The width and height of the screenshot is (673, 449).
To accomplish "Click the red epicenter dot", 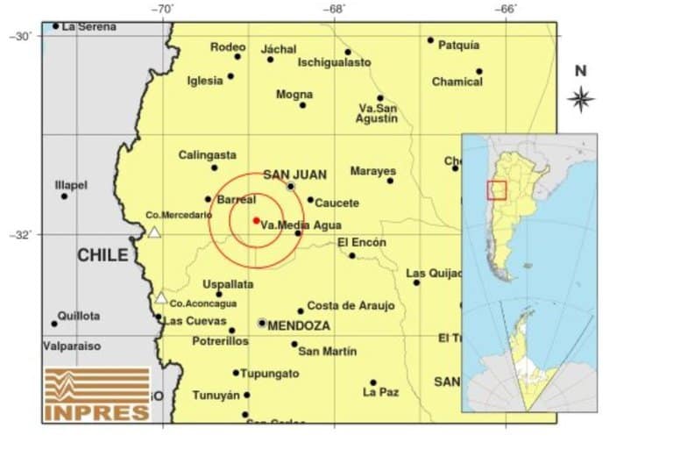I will point(255,220).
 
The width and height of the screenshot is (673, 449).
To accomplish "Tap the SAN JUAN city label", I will point(288,174).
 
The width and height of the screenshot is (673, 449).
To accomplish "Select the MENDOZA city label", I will point(299,325).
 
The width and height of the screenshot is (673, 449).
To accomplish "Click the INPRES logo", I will point(97,394).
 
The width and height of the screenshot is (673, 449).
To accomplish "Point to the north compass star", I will point(580,99).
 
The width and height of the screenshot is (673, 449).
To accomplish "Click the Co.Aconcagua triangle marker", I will point(160,298).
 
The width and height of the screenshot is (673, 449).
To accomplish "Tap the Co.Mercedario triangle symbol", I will point(154,232).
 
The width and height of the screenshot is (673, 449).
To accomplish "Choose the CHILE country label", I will point(103,255).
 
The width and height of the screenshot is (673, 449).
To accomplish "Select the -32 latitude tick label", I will point(19,234).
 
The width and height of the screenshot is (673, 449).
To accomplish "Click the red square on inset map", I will point(497,190).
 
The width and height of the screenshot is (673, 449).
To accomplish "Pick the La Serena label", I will point(89,26).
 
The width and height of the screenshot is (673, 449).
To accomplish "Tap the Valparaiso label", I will point(72,346).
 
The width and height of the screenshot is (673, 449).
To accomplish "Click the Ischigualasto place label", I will point(334,62).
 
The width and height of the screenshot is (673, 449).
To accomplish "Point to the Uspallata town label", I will point(228,284).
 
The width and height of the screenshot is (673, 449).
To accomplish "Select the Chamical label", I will point(457,82).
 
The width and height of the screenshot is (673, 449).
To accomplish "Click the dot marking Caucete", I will point(310,200).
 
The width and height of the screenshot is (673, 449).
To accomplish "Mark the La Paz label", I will point(380,392).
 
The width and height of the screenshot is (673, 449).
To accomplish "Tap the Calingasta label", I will point(207,155).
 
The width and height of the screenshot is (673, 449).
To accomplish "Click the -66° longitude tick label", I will point(506,10).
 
